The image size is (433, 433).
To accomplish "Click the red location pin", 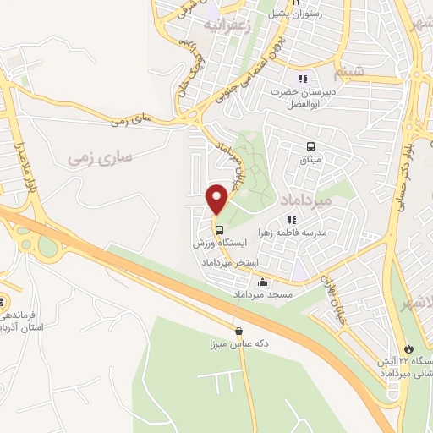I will pos(217,199).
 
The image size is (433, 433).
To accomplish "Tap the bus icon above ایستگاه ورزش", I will pos(219,230).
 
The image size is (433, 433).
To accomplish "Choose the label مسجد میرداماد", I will pos(262,295).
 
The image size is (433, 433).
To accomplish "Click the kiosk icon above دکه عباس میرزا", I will pos(238,332).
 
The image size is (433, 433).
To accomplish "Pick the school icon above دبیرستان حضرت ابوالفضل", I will pos(303,78).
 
